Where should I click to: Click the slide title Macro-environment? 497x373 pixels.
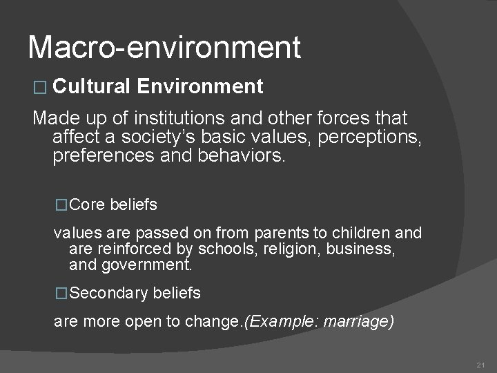click(164, 48)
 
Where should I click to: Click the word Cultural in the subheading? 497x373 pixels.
click(90, 86)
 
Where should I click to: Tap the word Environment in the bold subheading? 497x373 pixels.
click(200, 86)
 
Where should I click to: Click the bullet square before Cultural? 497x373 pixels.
click(39, 87)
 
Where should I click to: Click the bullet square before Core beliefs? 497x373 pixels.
click(61, 205)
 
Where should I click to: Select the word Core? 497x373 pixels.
click(88, 205)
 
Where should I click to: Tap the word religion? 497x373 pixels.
click(292, 249)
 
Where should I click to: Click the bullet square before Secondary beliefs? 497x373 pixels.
click(61, 294)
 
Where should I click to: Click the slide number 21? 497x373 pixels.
click(481, 364)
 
